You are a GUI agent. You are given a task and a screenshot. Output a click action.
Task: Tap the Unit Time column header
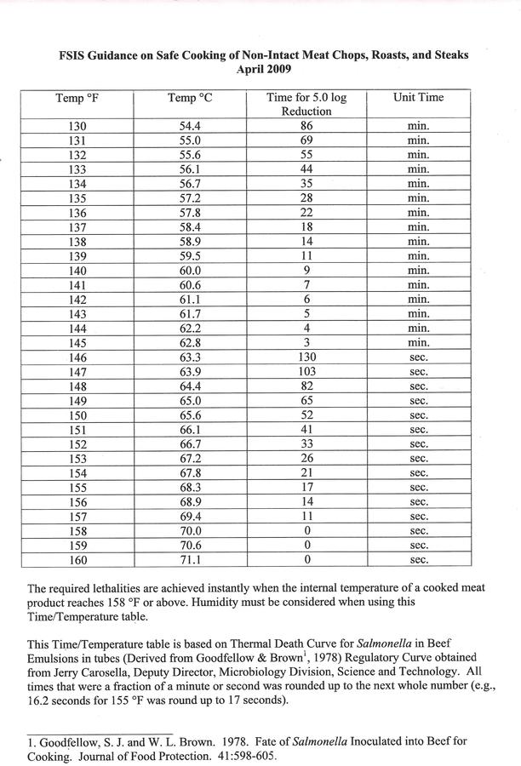[x=418, y=98]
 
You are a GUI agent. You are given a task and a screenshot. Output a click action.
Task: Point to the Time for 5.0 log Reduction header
[x=306, y=105]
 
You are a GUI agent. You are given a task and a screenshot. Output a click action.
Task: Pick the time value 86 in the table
[x=306, y=126]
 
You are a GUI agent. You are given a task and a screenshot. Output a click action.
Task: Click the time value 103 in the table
[x=306, y=372]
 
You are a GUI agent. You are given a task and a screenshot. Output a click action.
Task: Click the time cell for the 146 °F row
[x=306, y=357]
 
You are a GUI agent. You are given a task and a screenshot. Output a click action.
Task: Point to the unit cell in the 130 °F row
[x=418, y=126]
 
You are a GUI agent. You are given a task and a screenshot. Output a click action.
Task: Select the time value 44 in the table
[x=306, y=169]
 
